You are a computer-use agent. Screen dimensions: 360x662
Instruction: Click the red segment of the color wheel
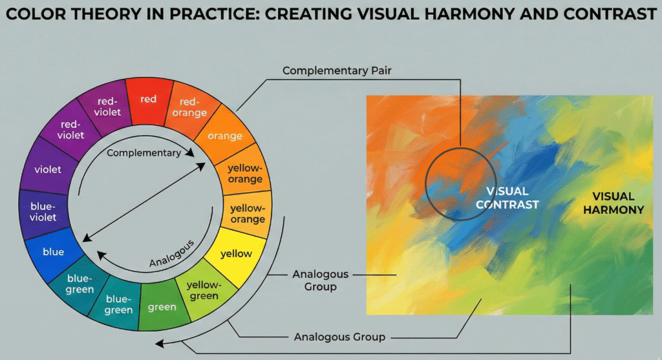click(148, 100)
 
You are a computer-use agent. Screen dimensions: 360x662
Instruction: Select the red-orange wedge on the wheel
click(192, 107)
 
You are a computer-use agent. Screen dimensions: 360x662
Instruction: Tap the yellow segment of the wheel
click(236, 253)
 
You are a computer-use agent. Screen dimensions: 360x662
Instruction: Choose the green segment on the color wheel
click(162, 306)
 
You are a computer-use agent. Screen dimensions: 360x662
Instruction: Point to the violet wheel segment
click(48, 169)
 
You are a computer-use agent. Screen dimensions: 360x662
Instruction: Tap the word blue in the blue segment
click(53, 251)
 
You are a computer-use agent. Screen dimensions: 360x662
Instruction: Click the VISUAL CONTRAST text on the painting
click(507, 198)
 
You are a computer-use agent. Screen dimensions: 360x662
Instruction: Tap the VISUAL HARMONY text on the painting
click(614, 203)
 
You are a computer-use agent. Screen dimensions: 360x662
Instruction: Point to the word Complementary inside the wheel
click(144, 153)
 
